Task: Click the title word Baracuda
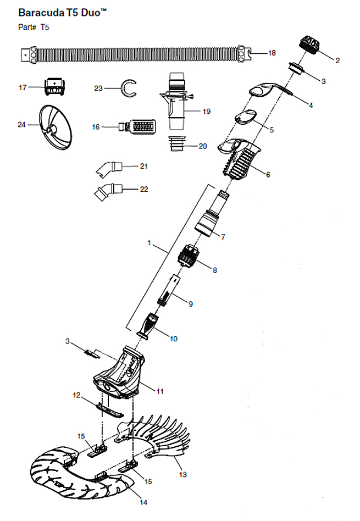point(41,13)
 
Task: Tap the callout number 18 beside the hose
point(272,53)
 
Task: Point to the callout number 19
point(207,112)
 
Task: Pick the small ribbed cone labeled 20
point(176,143)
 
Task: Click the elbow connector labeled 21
point(109,168)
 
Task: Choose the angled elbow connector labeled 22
point(108,192)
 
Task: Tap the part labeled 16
point(137,126)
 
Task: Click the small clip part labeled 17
point(54,87)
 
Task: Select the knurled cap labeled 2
point(309,45)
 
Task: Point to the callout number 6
point(268,174)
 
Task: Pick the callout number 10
point(174,339)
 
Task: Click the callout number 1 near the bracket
point(149,243)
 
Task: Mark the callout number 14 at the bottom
point(143,502)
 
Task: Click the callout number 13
point(183,474)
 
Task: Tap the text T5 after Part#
point(45,27)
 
